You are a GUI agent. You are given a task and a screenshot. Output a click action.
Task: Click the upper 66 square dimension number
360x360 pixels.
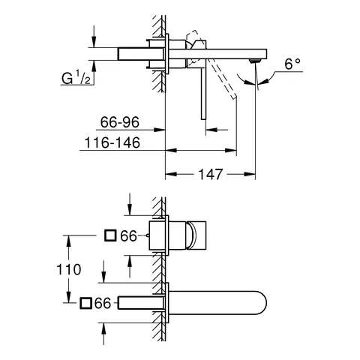click(x=128, y=236)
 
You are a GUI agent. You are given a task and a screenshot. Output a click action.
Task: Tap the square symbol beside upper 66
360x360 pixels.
click(x=109, y=236)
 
